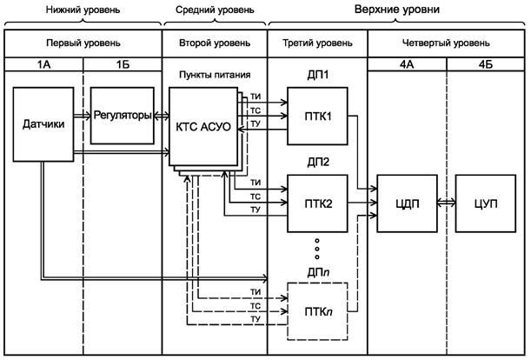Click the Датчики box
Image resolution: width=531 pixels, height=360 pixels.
pyautogui.click(x=41, y=125)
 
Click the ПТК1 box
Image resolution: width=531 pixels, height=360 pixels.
pyautogui.click(x=316, y=114)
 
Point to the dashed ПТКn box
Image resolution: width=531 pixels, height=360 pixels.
pyautogui.click(x=316, y=309)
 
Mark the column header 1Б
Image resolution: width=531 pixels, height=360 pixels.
pyautogui.click(x=123, y=63)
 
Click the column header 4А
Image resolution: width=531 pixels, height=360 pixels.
pyautogui.click(x=407, y=63)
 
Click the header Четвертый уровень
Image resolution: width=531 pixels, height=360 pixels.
pyautogui.click(x=446, y=43)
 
